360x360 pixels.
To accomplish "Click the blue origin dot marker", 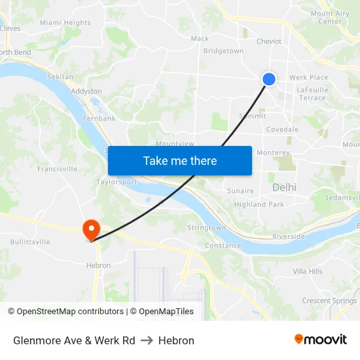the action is click(269, 79).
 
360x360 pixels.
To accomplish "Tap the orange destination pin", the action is click(90, 229).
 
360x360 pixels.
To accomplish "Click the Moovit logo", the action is click(320, 340).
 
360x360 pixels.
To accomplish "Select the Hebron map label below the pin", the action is click(98, 265).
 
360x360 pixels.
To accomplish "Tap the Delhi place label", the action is click(284, 187).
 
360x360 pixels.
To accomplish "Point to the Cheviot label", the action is click(269, 41).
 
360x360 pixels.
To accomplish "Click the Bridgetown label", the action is click(223, 51).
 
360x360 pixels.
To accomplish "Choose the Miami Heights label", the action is click(65, 23).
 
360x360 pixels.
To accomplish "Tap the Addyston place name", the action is click(86, 91).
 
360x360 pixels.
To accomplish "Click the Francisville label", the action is click(57, 169).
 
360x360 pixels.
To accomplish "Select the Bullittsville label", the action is click(30, 242).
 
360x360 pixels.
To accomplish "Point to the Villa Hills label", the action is click(308, 271).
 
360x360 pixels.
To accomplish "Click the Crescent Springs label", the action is click(329, 301).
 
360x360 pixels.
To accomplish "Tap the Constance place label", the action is click(223, 245).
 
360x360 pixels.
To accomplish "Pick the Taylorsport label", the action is click(117, 182).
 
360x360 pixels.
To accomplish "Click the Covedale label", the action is click(282, 130).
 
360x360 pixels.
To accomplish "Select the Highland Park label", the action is click(259, 204).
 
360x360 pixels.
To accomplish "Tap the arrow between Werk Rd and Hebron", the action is click(147, 340).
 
